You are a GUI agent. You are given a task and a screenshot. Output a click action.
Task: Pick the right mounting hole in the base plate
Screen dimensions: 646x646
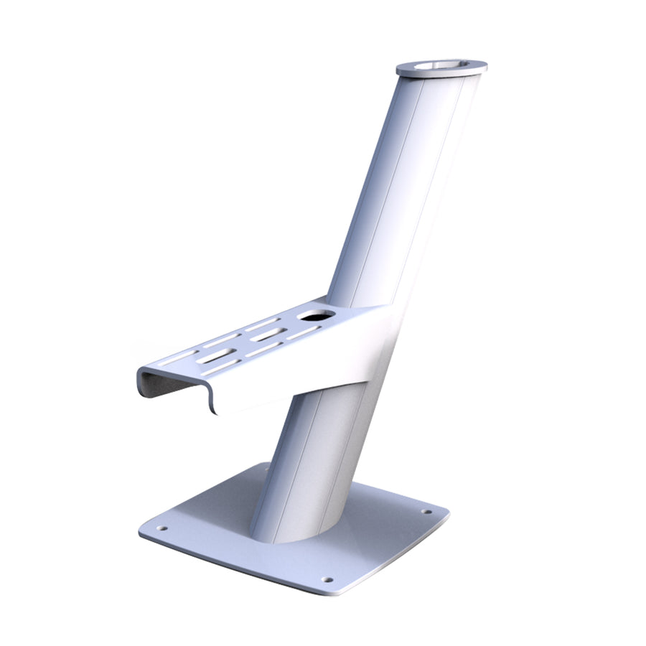click(x=427, y=512)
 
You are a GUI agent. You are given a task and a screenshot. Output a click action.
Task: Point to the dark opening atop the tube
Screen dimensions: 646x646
click(x=439, y=65)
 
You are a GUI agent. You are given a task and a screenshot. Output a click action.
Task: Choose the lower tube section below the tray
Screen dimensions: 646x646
click(x=309, y=459)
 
